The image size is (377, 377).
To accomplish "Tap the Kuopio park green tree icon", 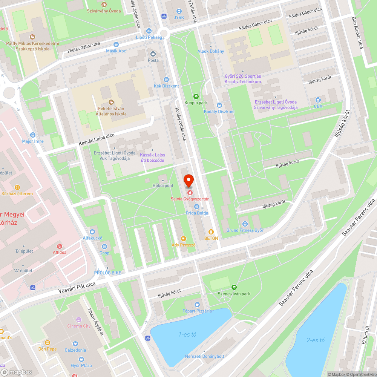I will coord(196,97).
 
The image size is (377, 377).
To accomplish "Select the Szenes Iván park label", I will coord(234,294).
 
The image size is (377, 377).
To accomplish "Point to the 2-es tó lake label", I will coord(316,340).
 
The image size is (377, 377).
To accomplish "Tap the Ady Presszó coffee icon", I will coord(184,238).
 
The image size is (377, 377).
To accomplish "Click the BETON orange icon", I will coord(211,232).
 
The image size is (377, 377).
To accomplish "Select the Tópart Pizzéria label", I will coord(197,311).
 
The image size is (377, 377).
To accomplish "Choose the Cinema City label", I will coord(79,326).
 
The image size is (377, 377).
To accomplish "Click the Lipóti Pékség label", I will coord(149,37).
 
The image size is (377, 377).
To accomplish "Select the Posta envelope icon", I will coord(153,54).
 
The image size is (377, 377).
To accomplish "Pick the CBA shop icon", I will coord(318,100).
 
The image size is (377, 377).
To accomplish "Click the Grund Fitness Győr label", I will coord(245,230).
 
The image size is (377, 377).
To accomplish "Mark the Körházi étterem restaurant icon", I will coord(17,187).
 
